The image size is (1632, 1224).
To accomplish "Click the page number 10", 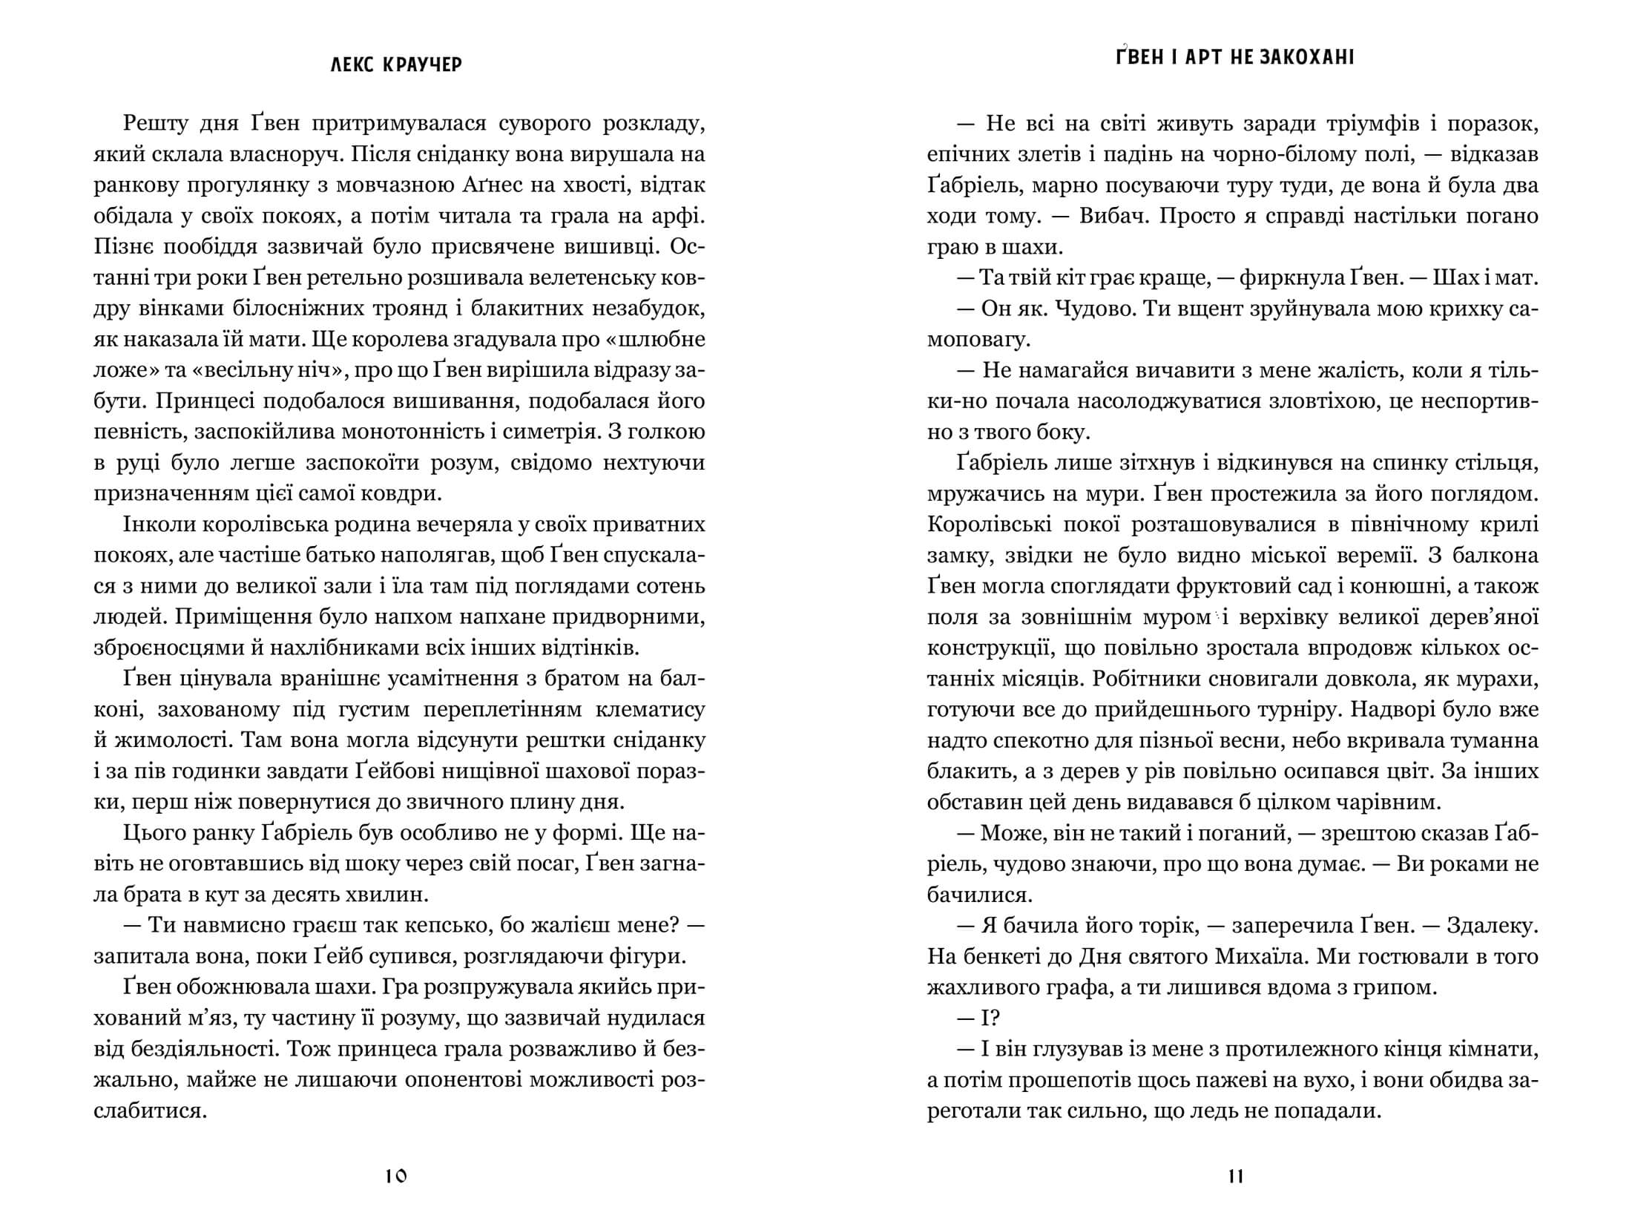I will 397,1177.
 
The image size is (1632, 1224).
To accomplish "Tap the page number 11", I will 1235,1177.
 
